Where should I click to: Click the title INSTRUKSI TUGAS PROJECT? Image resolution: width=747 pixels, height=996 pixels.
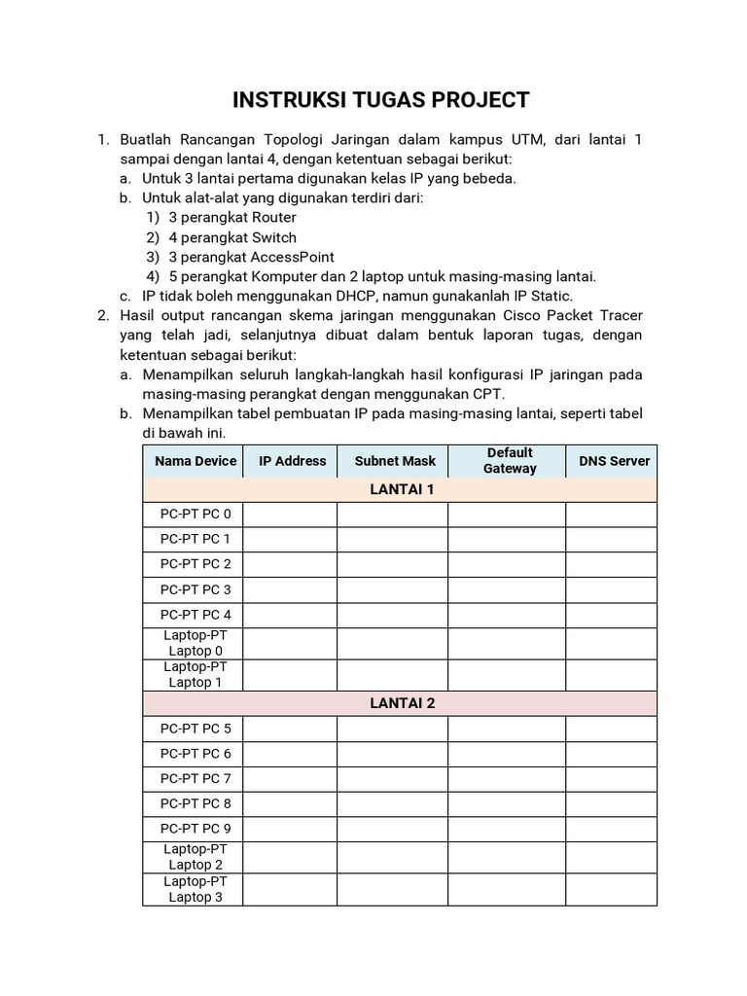[381, 100]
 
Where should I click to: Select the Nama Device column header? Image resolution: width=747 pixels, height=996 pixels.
[196, 461]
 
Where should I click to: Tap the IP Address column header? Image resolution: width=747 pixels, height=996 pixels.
[292, 461]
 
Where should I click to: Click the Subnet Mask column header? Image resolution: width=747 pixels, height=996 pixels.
[395, 461]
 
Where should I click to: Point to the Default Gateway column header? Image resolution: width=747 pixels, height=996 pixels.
[510, 461]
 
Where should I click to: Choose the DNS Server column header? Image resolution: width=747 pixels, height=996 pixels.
[614, 461]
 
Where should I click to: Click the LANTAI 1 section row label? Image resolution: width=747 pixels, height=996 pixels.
[401, 489]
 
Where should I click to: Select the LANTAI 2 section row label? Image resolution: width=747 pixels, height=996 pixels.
[401, 703]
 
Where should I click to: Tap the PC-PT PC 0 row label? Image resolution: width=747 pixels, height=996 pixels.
[196, 515]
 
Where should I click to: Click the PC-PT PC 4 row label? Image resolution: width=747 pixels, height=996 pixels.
[196, 615]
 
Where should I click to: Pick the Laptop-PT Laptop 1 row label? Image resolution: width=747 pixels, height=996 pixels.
[196, 674]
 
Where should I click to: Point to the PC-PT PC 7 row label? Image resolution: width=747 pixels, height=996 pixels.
[196, 778]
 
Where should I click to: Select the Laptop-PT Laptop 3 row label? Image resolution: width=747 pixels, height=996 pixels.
[196, 889]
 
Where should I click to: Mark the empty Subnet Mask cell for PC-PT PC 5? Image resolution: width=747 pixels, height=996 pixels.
[393, 729]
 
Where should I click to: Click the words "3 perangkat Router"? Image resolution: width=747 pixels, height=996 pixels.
[231, 217]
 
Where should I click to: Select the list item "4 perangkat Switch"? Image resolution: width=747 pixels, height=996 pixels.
[231, 237]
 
